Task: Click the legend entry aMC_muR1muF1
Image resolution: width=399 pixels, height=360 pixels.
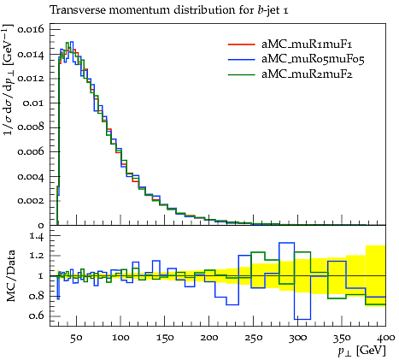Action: tap(307, 44)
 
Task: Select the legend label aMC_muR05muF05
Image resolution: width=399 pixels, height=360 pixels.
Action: tap(313, 59)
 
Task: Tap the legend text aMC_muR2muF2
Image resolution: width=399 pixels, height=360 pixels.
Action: tap(307, 74)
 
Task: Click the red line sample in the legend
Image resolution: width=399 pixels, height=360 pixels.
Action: tap(241, 44)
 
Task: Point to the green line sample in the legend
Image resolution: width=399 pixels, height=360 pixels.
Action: tap(241, 74)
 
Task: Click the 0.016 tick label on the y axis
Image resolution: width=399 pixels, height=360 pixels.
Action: tap(31, 29)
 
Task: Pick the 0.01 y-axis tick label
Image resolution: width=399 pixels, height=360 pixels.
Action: tap(33, 103)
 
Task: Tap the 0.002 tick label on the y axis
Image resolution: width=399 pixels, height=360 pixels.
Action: tap(31, 201)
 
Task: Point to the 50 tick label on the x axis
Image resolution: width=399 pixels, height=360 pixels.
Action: tap(76, 338)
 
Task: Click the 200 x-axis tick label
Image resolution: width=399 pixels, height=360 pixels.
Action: tap(209, 338)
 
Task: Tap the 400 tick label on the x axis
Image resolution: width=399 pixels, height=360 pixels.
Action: tap(386, 338)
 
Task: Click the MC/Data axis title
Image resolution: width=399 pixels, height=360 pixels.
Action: tap(11, 276)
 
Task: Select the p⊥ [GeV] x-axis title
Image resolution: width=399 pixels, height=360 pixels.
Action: tap(361, 351)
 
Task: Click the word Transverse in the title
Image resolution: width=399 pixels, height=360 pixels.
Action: tap(78, 10)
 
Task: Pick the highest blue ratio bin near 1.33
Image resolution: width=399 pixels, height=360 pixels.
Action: tap(287, 243)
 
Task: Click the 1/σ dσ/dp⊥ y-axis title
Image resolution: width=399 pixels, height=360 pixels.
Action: tap(9, 80)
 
